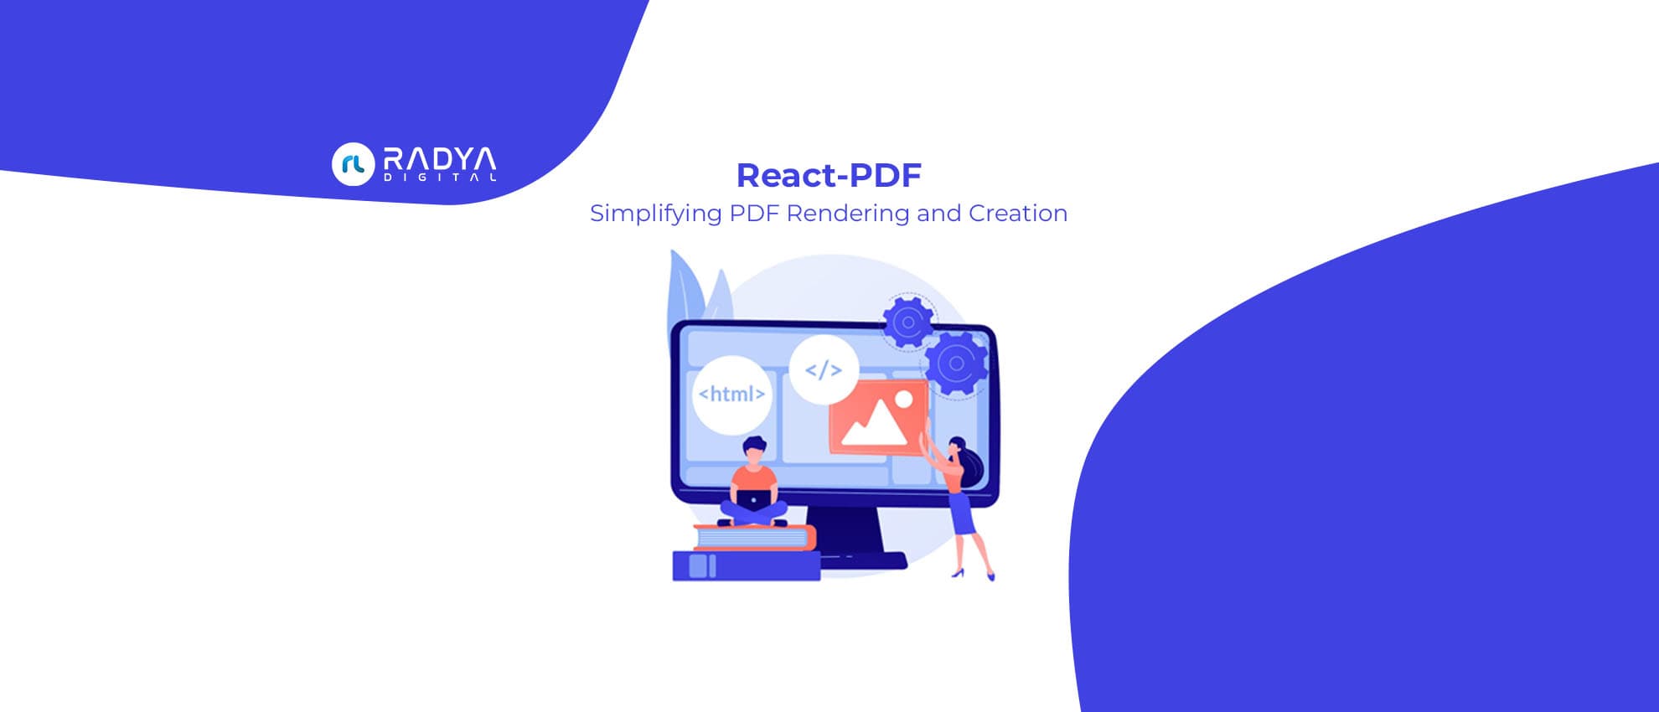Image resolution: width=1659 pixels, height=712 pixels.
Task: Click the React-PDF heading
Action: [x=829, y=175]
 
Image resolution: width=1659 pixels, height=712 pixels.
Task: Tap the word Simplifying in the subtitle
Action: [x=655, y=214]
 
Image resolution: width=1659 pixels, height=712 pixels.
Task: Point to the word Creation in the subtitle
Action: [x=1017, y=213]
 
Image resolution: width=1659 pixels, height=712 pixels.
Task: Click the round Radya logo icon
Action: [x=353, y=164]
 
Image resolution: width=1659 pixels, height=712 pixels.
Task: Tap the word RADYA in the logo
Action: [x=439, y=159]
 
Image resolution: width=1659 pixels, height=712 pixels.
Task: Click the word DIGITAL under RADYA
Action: [x=439, y=178]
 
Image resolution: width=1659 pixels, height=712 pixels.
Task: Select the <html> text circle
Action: [x=731, y=394]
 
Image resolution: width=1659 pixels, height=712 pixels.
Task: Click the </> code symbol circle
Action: [x=823, y=369]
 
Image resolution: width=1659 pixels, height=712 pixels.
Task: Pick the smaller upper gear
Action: [x=907, y=322]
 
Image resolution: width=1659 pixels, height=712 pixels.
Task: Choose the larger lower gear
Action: [x=956, y=363]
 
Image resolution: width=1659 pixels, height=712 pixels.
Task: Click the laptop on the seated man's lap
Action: [x=753, y=500]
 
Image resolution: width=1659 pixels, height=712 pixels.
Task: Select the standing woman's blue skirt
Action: [x=962, y=513]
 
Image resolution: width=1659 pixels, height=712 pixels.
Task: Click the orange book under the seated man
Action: [x=754, y=538]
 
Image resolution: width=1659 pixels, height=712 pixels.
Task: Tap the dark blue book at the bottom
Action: [x=746, y=566]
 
